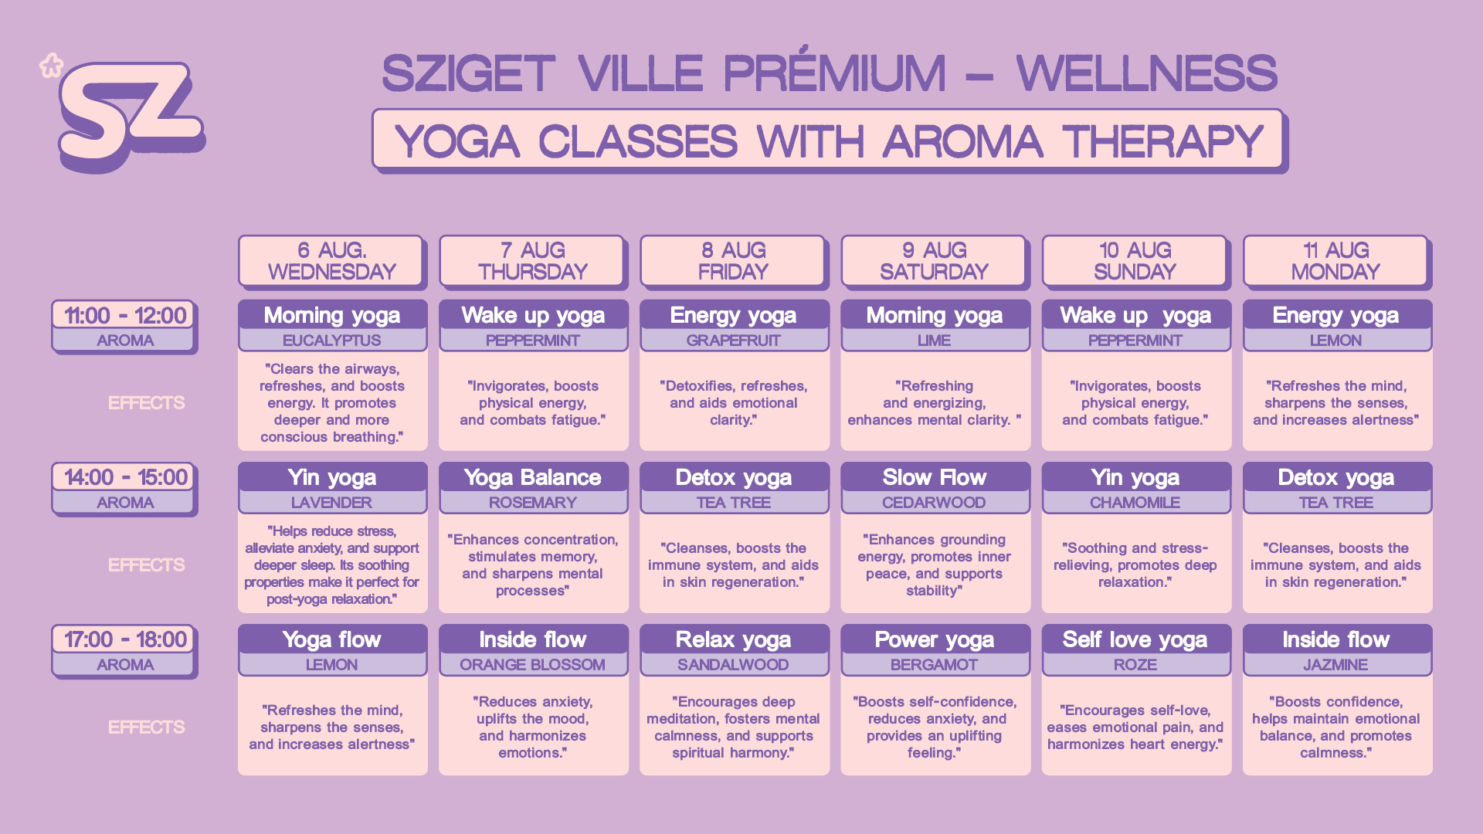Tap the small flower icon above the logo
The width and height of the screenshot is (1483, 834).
click(x=51, y=66)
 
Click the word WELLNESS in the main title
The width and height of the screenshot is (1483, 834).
click(x=1146, y=73)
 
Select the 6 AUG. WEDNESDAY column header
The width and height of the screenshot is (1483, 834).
click(x=331, y=261)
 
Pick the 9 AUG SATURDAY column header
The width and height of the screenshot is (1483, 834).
click(x=934, y=261)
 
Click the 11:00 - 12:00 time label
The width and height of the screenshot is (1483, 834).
click(x=125, y=315)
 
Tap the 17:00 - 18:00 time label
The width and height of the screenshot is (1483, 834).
click(x=125, y=639)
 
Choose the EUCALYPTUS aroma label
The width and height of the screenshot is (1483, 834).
click(x=332, y=341)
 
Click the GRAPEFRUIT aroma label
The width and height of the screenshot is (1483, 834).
click(x=734, y=341)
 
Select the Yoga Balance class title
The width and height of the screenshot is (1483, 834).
click(x=533, y=478)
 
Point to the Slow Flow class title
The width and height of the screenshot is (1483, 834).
click(x=935, y=478)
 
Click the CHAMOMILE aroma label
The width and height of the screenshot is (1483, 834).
click(x=1135, y=503)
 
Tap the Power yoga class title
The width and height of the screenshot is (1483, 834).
click(x=935, y=640)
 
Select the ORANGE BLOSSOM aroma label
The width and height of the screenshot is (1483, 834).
click(x=533, y=665)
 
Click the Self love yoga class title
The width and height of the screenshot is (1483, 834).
click(x=1135, y=640)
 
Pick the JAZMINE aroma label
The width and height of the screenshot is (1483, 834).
click(x=1336, y=665)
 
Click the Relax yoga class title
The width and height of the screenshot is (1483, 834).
click(x=734, y=640)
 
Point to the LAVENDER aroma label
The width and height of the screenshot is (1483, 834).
click(x=332, y=503)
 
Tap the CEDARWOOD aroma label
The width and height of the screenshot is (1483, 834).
click(x=935, y=503)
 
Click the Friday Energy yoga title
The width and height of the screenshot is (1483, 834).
click(x=734, y=316)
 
